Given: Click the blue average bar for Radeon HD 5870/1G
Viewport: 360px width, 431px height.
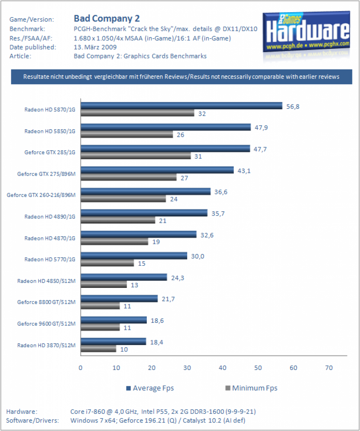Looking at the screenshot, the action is tap(182, 106).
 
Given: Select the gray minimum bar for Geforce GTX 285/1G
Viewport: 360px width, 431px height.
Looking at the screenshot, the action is tap(136, 156).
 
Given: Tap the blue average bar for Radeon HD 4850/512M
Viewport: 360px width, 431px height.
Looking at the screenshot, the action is tap(124, 277).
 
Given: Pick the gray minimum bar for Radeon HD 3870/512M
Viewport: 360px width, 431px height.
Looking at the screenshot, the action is tap(98, 349).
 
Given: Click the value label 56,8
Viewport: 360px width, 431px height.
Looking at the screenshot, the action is tap(293, 106).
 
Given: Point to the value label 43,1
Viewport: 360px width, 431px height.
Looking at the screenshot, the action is tap(244, 171).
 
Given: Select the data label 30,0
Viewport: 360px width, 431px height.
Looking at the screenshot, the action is tap(197, 256).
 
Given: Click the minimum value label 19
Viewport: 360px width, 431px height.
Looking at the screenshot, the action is tap(156, 242).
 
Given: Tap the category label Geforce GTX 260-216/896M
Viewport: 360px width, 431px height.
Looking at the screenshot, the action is tap(41, 195).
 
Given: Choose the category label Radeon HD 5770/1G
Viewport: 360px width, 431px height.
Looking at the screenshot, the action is tap(50, 259).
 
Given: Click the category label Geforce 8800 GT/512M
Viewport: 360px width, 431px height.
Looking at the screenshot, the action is tap(46, 302).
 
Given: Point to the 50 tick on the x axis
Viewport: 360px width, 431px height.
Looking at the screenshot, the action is tap(258, 368).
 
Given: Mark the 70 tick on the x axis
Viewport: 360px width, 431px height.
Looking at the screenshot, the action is tap(329, 368).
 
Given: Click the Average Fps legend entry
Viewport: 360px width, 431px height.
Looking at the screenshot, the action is tap(150, 388).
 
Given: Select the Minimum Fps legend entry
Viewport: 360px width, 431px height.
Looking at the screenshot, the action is tap(251, 388).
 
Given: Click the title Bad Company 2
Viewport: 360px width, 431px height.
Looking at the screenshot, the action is tap(107, 19).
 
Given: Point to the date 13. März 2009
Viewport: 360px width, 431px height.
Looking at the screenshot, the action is tap(95, 47).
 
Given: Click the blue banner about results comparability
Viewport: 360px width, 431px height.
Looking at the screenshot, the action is tap(182, 77).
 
